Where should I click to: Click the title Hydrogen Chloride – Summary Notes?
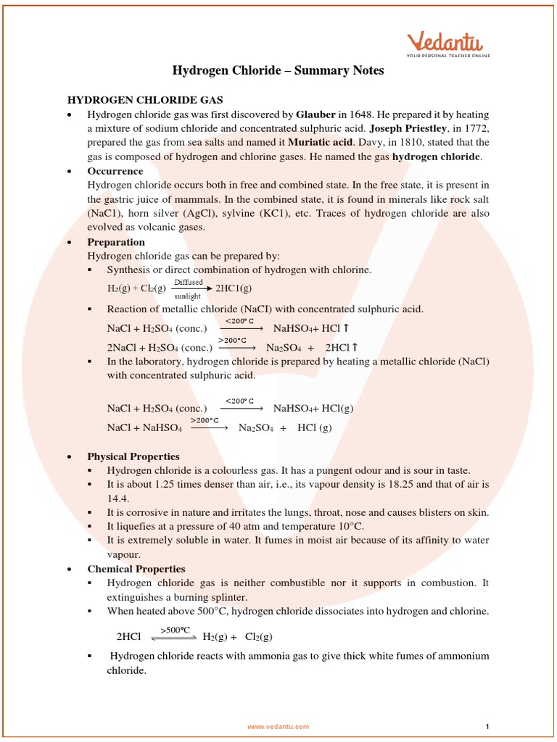[278, 70]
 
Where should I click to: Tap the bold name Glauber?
[315, 114]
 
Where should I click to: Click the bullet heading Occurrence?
[115, 171]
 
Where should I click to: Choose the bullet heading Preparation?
[116, 242]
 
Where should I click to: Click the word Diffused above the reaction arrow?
[188, 282]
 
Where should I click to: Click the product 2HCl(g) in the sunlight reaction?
[234, 288]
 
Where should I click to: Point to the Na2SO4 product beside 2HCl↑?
[282, 347]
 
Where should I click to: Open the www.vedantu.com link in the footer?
[278, 726]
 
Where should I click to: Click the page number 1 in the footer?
[488, 726]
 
